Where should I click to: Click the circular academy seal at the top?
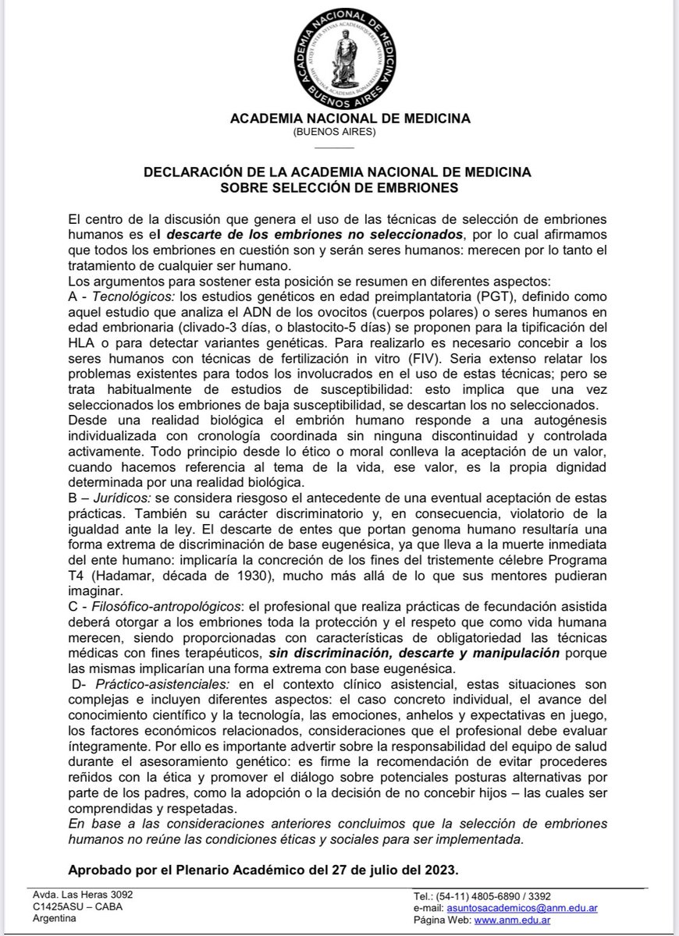[339, 58]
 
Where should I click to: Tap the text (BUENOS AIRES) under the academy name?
[339, 133]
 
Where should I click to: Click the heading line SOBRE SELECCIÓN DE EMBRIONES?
[339, 188]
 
